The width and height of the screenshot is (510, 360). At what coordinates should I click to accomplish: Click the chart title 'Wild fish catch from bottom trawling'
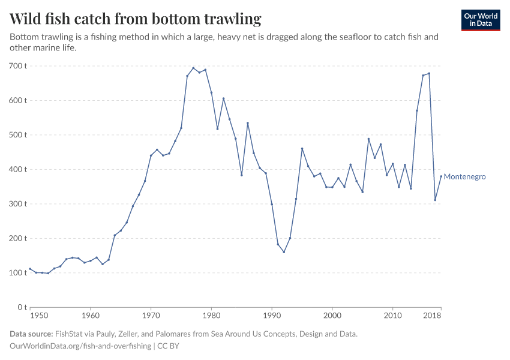tap(136, 19)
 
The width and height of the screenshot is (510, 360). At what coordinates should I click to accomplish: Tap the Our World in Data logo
tap(480, 20)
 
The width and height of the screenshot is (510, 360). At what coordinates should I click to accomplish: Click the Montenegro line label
tap(464, 177)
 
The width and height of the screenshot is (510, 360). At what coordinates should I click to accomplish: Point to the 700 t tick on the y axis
tap(18, 65)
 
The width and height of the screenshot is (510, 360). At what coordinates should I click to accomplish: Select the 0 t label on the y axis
tap(22, 307)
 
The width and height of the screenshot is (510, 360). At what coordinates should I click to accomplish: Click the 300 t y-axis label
tap(18, 203)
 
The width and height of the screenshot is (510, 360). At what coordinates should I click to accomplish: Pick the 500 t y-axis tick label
tap(18, 134)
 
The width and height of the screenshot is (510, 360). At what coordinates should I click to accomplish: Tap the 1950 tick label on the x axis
tap(38, 316)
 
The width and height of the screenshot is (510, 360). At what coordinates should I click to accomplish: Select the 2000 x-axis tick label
tap(332, 316)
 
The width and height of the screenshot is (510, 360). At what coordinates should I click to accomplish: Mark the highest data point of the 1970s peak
tap(193, 68)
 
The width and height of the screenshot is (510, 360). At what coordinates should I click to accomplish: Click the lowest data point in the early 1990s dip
tap(284, 252)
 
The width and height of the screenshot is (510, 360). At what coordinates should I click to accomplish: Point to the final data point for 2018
tap(441, 176)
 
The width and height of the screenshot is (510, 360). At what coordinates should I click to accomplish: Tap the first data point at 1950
tap(30, 269)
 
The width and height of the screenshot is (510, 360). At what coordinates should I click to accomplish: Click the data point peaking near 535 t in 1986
tap(248, 123)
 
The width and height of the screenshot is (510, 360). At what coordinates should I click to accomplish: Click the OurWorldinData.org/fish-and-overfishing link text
tap(80, 346)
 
